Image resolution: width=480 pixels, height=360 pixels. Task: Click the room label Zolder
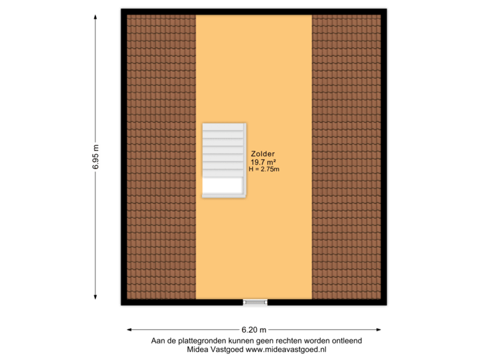tap(263, 153)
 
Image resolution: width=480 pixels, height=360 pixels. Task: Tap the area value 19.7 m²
tap(263, 162)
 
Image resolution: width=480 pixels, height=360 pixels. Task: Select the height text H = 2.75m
tap(263, 169)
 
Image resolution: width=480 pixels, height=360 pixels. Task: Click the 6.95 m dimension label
tap(95, 158)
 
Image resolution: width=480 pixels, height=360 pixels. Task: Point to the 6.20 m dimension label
tap(254, 329)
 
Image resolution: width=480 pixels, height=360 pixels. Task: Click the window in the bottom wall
tap(255, 303)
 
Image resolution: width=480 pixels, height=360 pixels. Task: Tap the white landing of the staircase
tap(222, 185)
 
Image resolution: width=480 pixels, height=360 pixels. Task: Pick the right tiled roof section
tap(346, 157)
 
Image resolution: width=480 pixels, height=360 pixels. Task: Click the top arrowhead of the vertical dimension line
tap(95, 19)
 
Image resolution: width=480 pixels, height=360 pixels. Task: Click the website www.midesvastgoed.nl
tap(287, 349)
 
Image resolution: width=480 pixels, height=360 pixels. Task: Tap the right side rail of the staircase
tap(245, 160)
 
